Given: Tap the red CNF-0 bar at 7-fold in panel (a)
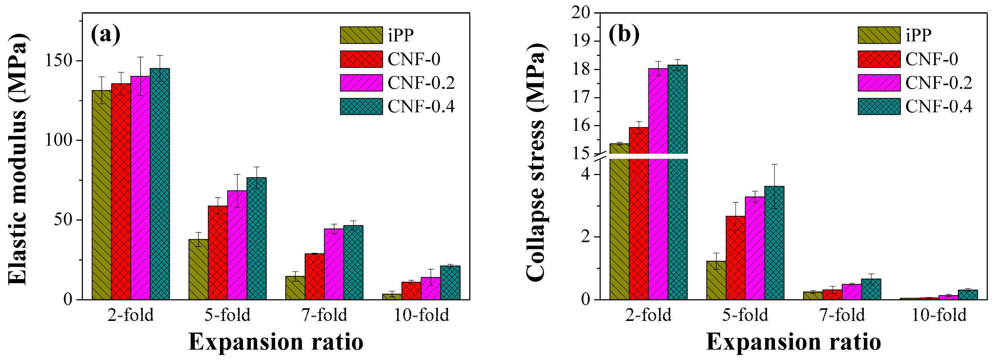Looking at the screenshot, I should (315, 276).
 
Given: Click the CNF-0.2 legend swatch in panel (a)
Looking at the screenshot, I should (361, 83).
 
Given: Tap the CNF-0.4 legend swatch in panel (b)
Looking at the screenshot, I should (879, 107).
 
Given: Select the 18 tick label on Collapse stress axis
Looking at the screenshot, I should (581, 69).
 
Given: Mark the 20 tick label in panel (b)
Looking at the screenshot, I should (581, 13).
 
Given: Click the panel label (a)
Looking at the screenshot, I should (105, 35).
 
